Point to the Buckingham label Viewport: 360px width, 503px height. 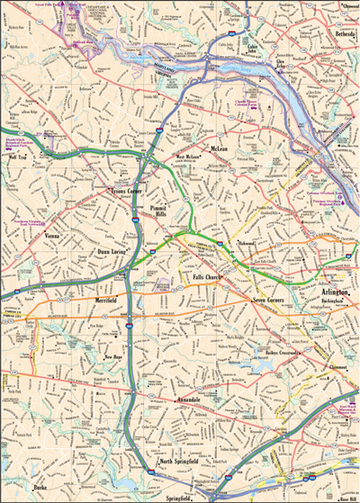(x=310, y=305)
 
